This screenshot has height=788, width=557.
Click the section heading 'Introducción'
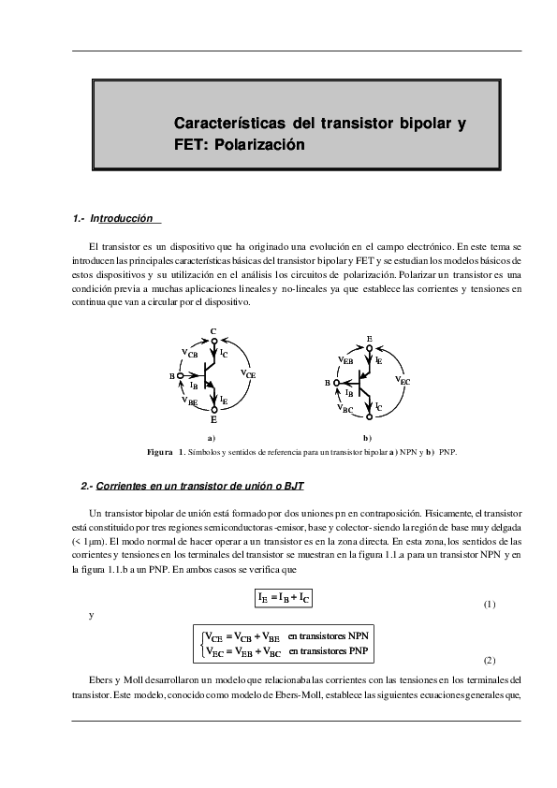pos(127,218)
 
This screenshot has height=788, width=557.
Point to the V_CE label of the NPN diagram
pos(248,373)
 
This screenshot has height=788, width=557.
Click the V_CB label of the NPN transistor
pos(188,354)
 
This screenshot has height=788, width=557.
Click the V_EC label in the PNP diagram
pos(403,381)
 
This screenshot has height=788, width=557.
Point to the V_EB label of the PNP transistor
pos(344,359)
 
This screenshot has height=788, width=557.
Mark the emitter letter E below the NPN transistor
pos(213,421)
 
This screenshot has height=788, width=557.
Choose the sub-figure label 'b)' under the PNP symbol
pos(368,438)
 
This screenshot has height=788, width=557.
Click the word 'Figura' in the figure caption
pos(161,453)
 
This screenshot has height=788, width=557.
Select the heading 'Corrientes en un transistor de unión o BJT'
pos(200,487)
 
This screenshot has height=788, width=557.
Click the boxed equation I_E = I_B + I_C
pos(285,597)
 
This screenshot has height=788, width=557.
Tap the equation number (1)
pos(489,605)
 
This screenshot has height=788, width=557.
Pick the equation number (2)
pos(489,659)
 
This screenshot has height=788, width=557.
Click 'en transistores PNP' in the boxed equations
pos(328,649)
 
